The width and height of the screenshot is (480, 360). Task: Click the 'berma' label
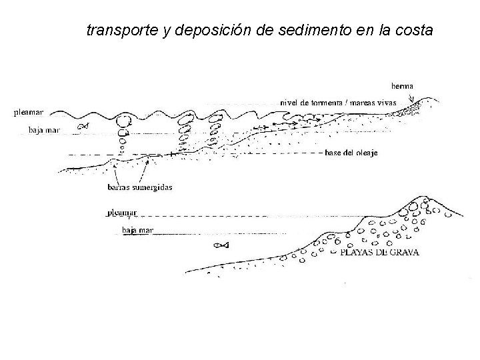tap(402, 85)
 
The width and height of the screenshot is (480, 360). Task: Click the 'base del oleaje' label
tap(353, 153)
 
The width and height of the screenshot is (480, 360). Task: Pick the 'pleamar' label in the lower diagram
tap(122, 213)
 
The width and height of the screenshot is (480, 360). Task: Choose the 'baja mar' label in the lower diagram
tap(137, 231)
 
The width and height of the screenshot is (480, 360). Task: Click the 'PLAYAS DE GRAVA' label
tap(380, 253)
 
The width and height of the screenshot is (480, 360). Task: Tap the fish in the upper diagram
tap(83, 126)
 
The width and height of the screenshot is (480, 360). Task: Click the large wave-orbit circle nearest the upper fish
tap(123, 121)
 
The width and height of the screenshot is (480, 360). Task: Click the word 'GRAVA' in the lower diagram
tap(403, 253)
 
